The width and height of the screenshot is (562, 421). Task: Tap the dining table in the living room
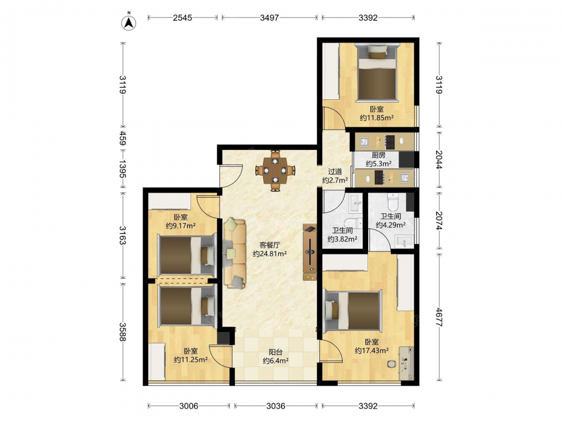pos(275,171)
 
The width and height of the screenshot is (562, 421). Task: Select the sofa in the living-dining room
pos(235,254)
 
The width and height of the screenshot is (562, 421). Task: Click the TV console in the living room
pos(310,252)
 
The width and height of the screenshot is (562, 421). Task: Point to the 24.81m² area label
pos(270,254)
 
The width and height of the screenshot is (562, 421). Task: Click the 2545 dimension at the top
pos(183,17)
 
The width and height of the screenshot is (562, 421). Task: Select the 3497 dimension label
pos(269,17)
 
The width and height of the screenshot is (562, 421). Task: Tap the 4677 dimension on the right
pos(439,316)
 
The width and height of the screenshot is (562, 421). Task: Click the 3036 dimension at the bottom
pos(275,406)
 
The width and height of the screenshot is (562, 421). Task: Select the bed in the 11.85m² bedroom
pos(377,72)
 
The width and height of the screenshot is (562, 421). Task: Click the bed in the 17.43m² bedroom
pos(353,310)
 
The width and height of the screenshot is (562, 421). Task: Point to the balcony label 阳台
pos(275,353)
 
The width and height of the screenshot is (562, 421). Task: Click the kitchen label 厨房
pos(378,155)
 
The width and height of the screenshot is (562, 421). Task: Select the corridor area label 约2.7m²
pos(335,180)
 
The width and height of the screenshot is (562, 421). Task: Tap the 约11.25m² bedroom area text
pos(191,360)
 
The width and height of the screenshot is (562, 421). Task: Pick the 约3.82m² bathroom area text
pos(342,239)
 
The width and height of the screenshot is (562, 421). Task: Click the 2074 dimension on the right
pos(439,221)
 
